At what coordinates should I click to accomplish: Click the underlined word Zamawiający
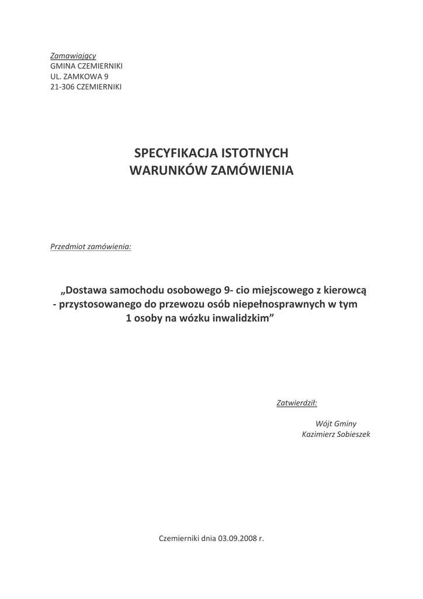73,56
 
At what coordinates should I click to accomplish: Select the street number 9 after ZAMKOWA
106,76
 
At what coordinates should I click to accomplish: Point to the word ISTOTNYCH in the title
255,153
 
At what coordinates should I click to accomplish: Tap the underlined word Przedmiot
68,246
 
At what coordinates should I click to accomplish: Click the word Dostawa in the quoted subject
87,290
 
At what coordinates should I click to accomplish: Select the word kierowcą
345,290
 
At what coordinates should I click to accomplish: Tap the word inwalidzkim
241,319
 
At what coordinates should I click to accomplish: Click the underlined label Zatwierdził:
296,402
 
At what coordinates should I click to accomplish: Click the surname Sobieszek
352,434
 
